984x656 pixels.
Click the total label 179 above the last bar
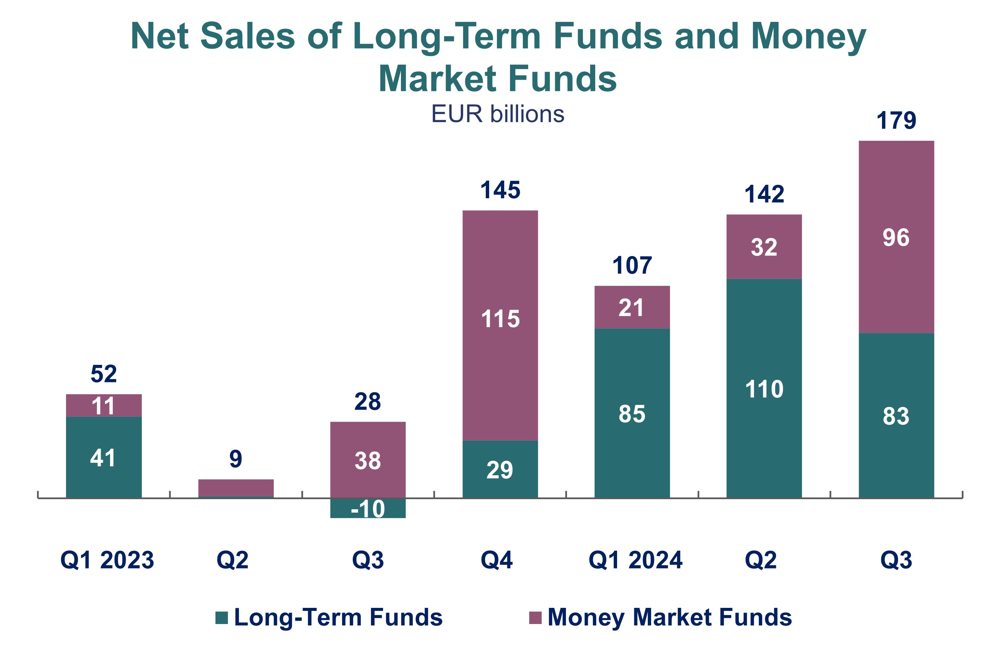click(896, 120)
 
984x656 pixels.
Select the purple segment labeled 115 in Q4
click(500, 319)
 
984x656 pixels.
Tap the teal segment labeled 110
click(764, 389)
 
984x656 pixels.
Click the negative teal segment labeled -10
click(368, 509)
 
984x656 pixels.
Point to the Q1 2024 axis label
click(635, 560)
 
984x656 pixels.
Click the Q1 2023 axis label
click(107, 560)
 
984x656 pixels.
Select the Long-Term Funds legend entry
click(329, 618)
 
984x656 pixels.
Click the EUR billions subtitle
click(498, 114)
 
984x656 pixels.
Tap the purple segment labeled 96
click(896, 237)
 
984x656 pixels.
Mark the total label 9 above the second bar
click(236, 459)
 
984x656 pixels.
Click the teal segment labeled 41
click(103, 458)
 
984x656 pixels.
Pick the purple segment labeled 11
click(103, 406)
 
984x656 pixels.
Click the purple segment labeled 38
click(368, 461)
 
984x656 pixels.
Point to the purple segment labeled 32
click(764, 247)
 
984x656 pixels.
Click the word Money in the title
click(808, 36)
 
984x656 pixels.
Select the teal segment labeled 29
click(500, 470)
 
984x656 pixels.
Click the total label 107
click(632, 265)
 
